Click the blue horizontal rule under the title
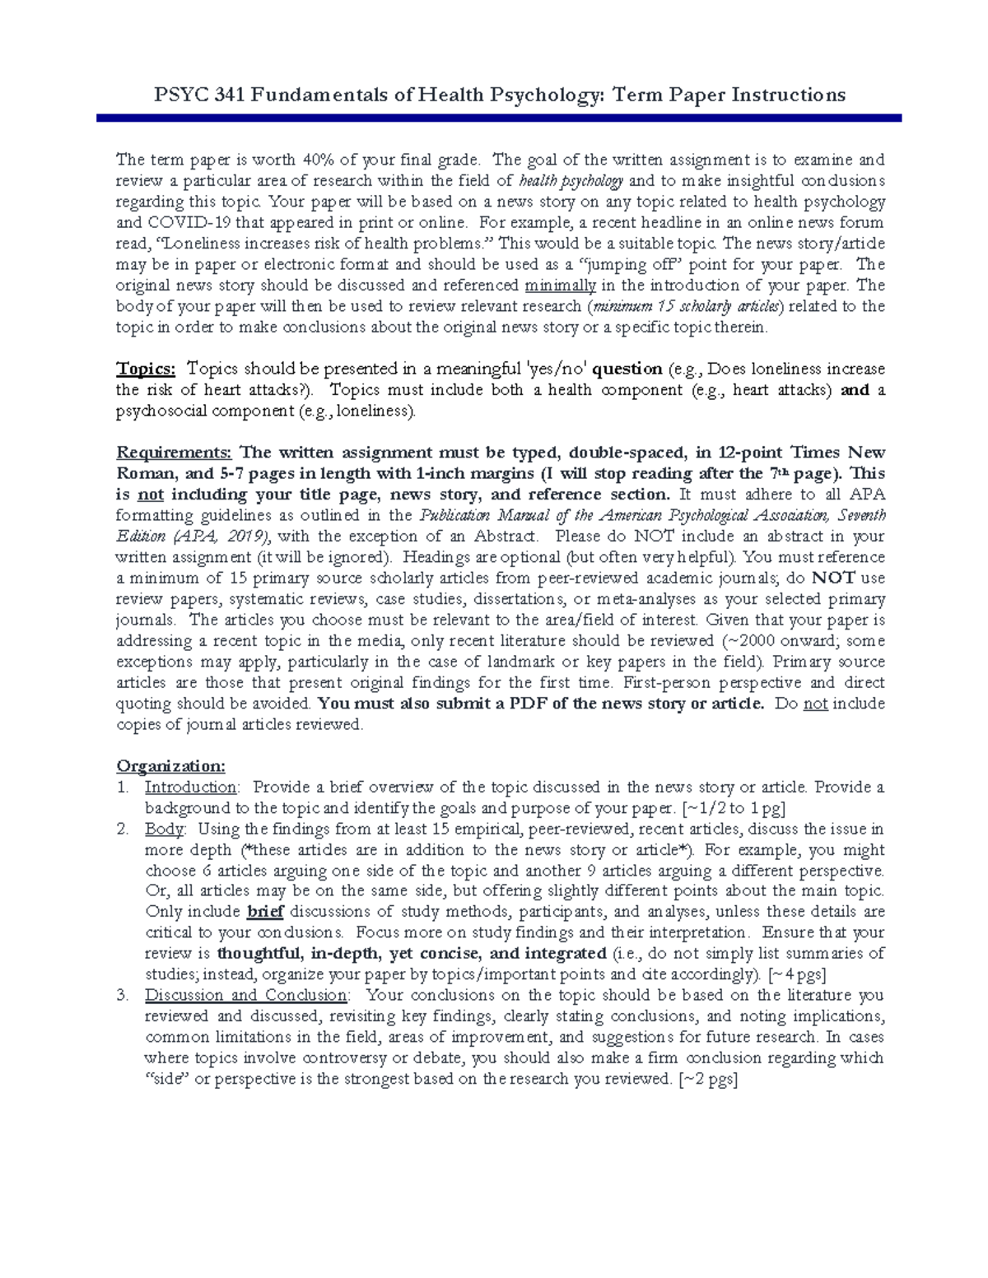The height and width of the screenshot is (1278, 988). pos(499,119)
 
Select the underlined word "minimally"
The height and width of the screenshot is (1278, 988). pos(560,286)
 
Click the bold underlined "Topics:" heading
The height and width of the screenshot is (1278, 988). pos(146,369)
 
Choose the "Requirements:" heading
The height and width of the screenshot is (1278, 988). pos(175,453)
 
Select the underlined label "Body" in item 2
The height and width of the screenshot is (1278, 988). pos(165,829)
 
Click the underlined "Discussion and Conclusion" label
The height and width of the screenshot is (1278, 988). pos(245,996)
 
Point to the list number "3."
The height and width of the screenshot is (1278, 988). pos(123,996)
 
